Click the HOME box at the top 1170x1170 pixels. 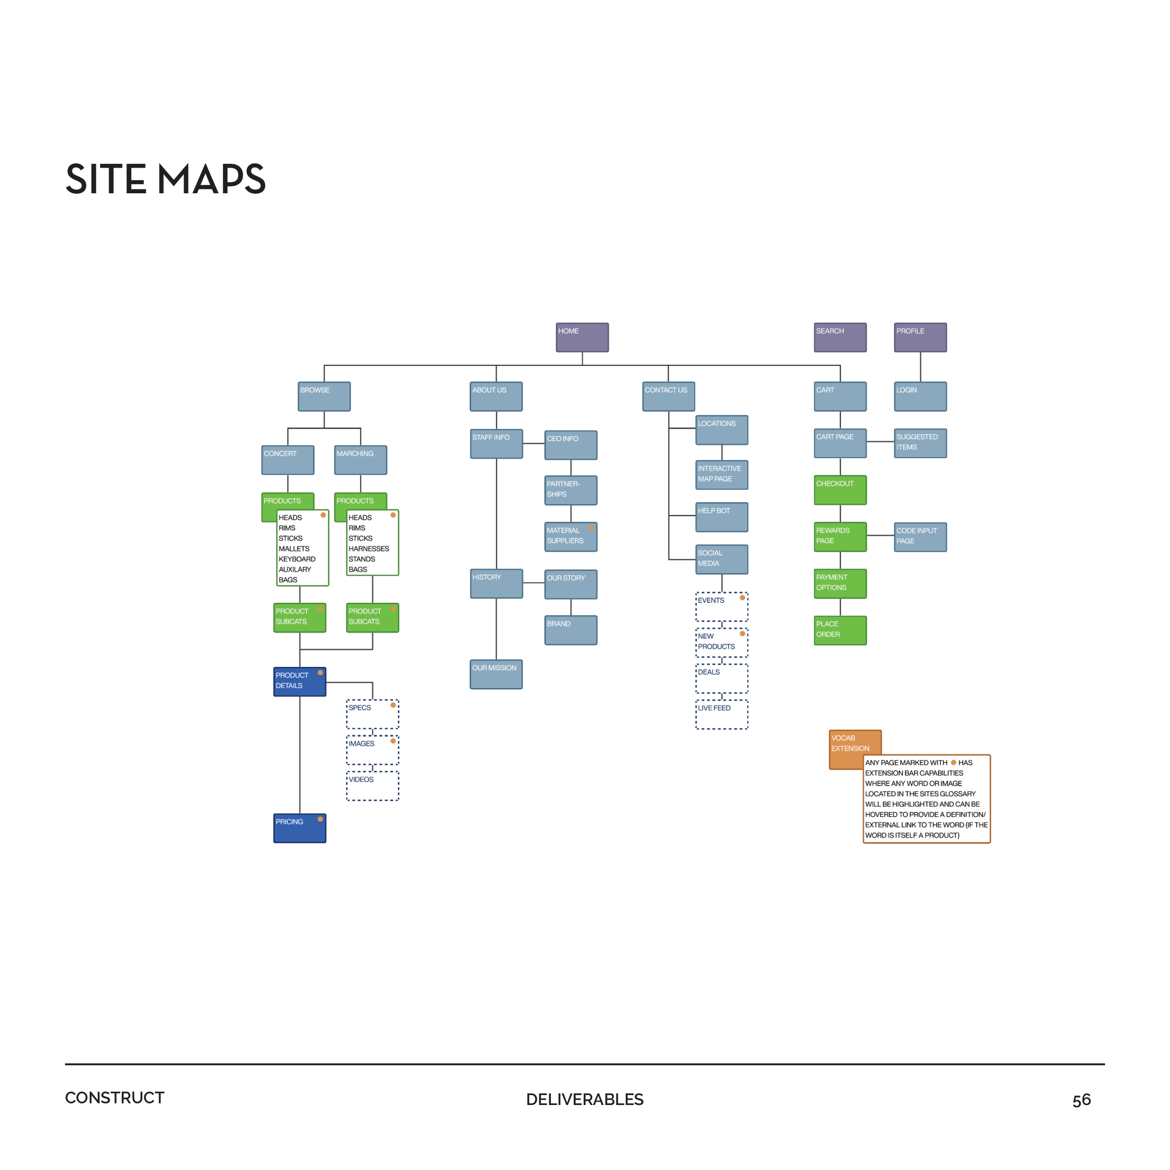(x=582, y=337)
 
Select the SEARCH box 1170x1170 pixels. (x=840, y=337)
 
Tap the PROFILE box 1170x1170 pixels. (x=920, y=337)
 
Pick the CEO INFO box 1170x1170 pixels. (x=570, y=445)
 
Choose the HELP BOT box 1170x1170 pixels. (x=721, y=517)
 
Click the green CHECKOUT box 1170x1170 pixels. (x=840, y=490)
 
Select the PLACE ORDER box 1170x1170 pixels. (x=840, y=630)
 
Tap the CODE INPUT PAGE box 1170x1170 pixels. (x=920, y=536)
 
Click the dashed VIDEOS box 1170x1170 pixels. (x=373, y=785)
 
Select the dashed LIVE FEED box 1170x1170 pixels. (x=721, y=714)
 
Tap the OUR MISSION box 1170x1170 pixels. (x=496, y=674)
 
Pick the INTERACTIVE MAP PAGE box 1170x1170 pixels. (x=721, y=474)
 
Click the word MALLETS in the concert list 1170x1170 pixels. (x=294, y=548)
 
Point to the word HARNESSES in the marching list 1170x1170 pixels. (x=369, y=548)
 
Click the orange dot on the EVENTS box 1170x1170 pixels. (x=742, y=598)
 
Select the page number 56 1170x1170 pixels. (x=1081, y=1100)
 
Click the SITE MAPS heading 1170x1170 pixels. (x=165, y=179)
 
